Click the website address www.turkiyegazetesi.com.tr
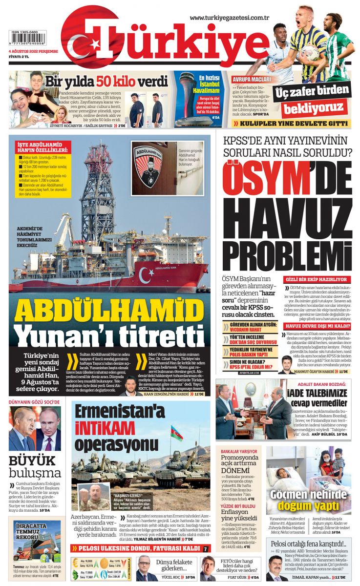point(230,18)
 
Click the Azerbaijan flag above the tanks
point(176,433)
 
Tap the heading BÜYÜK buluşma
point(35,466)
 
